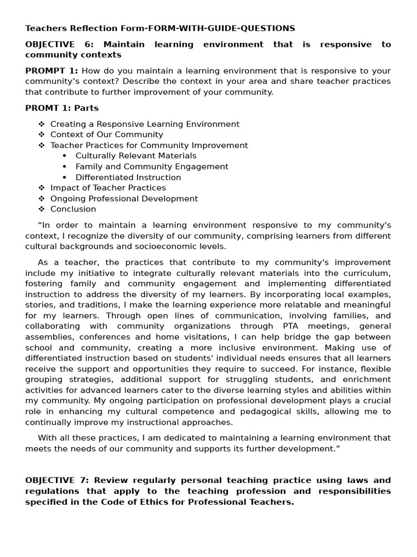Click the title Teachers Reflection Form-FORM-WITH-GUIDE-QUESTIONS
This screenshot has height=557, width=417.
tap(160, 28)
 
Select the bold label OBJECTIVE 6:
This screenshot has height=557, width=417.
tap(59, 45)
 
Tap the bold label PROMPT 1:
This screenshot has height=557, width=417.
tap(52, 71)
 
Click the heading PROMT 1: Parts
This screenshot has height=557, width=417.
tap(62, 108)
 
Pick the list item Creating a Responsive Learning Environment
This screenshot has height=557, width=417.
tap(144, 124)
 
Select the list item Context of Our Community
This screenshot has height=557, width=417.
tap(106, 134)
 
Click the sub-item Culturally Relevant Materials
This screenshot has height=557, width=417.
tap(136, 156)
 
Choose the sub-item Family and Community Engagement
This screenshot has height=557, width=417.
tap(151, 166)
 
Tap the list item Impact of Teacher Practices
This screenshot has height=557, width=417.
tap(108, 188)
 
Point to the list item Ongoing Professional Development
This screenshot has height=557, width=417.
tap(124, 199)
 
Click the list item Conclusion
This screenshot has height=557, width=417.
tap(73, 209)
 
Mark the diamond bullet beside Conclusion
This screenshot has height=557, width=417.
tap(42, 209)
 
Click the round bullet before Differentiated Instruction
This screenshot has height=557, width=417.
tap(65, 177)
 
